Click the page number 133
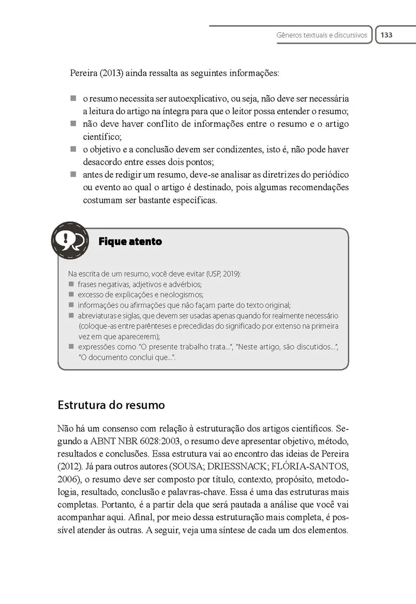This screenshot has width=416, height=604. [x=386, y=35]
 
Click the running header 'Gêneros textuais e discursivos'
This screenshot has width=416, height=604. [x=322, y=36]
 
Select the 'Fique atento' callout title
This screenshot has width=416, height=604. [x=130, y=242]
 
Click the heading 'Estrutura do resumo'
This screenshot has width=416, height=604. [x=111, y=405]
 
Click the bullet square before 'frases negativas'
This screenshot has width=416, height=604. [x=71, y=284]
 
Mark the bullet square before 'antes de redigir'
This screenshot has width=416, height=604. [x=73, y=175]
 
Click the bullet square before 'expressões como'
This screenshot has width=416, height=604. [x=71, y=347]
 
